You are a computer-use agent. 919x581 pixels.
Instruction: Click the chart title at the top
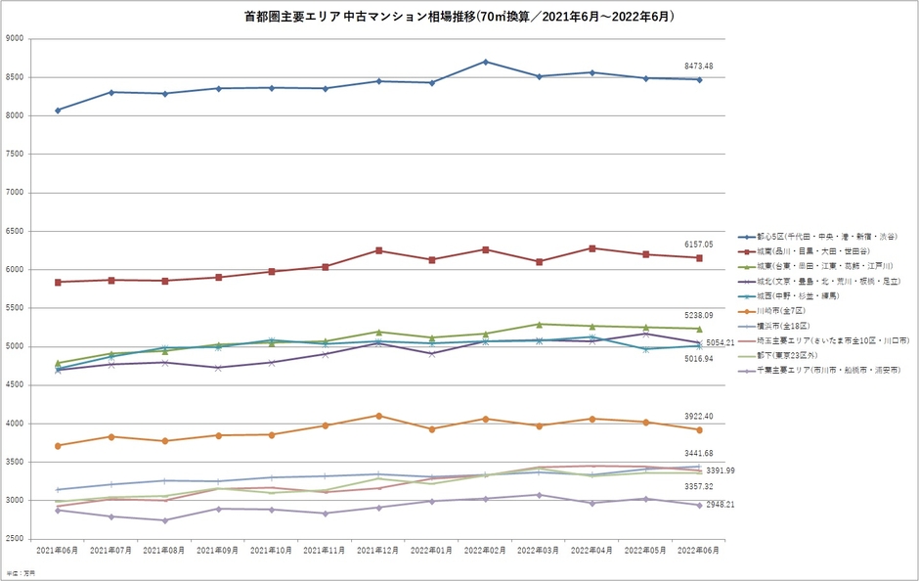459,17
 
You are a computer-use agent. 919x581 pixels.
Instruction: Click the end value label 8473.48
699,67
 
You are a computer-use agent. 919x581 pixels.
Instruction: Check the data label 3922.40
699,417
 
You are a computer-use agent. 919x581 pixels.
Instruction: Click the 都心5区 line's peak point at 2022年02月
485,62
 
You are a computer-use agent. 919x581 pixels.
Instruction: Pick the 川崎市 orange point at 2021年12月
378,416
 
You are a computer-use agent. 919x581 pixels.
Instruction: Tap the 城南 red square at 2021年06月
58,282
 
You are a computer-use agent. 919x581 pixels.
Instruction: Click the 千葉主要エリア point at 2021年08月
164,520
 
